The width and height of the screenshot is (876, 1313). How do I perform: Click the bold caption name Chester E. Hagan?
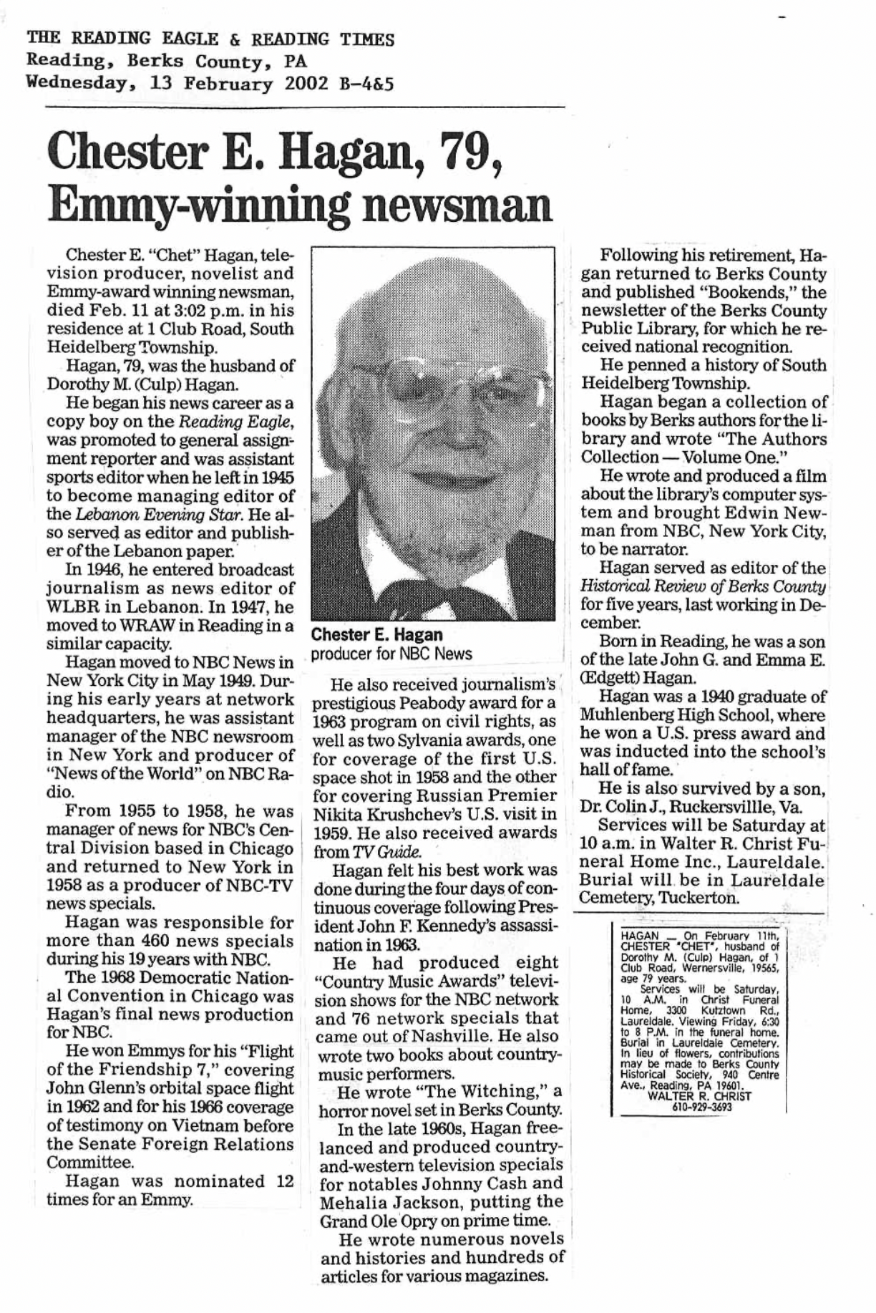(376, 634)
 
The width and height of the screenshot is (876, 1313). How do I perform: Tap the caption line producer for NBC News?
(391, 654)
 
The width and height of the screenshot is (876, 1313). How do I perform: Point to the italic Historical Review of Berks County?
(704, 586)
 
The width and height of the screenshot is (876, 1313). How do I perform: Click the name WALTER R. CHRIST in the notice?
(699, 1096)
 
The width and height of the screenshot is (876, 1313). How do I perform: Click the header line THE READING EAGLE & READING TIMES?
(210, 39)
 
